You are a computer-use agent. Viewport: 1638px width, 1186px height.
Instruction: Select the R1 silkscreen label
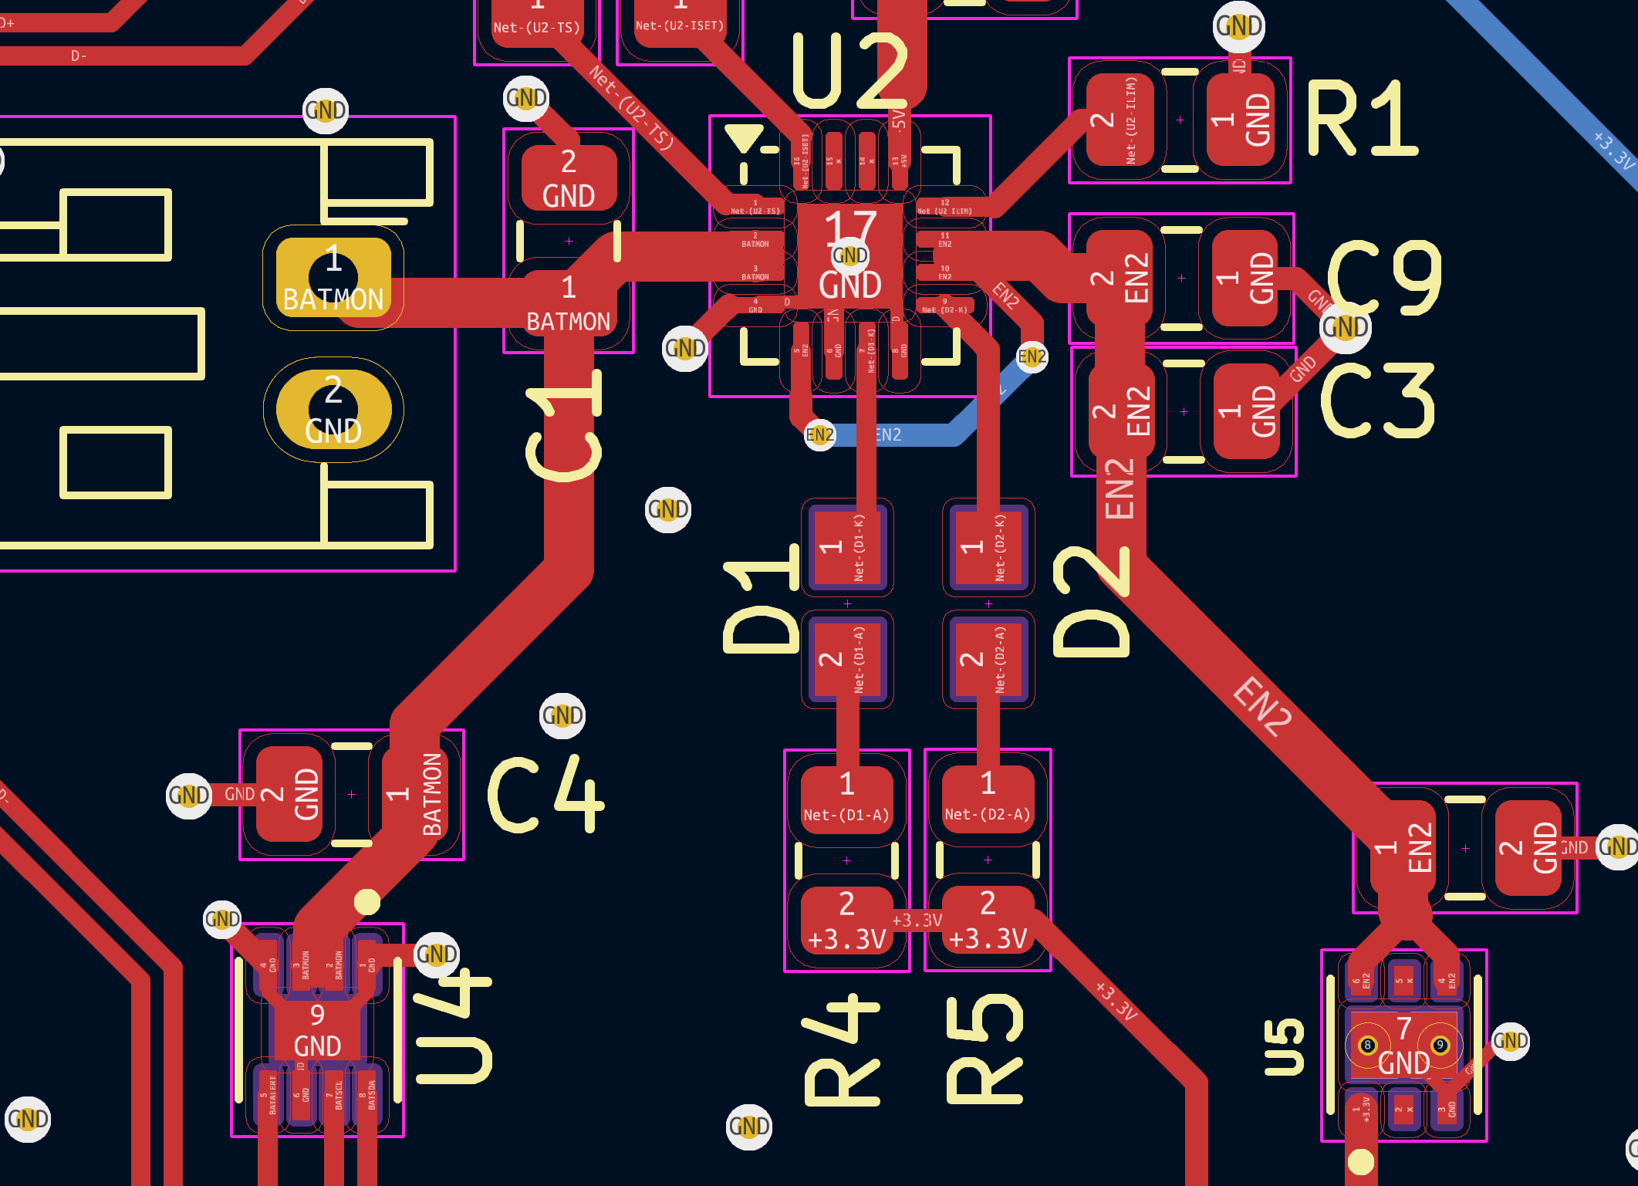point(1362,120)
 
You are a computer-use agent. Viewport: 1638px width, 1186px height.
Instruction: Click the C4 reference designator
point(545,795)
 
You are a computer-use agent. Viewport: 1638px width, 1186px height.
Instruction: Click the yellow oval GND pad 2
point(333,410)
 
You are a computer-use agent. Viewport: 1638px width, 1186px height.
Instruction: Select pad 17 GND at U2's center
point(849,255)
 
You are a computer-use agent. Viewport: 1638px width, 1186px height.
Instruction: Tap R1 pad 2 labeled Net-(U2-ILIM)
point(1118,120)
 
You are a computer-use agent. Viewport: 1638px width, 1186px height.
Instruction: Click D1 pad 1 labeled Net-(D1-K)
point(846,547)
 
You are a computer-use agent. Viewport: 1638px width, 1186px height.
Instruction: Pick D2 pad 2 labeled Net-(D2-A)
point(988,659)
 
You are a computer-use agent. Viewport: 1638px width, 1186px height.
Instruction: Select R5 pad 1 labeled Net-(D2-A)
point(988,799)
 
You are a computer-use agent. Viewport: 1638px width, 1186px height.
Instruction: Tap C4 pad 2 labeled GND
point(289,794)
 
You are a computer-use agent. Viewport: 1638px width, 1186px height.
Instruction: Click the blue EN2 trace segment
point(910,435)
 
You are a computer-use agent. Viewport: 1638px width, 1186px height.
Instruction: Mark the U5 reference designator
point(1284,1047)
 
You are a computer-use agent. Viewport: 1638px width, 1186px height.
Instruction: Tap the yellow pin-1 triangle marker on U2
point(744,137)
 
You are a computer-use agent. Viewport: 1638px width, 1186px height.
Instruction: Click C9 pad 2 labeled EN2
point(1119,278)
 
